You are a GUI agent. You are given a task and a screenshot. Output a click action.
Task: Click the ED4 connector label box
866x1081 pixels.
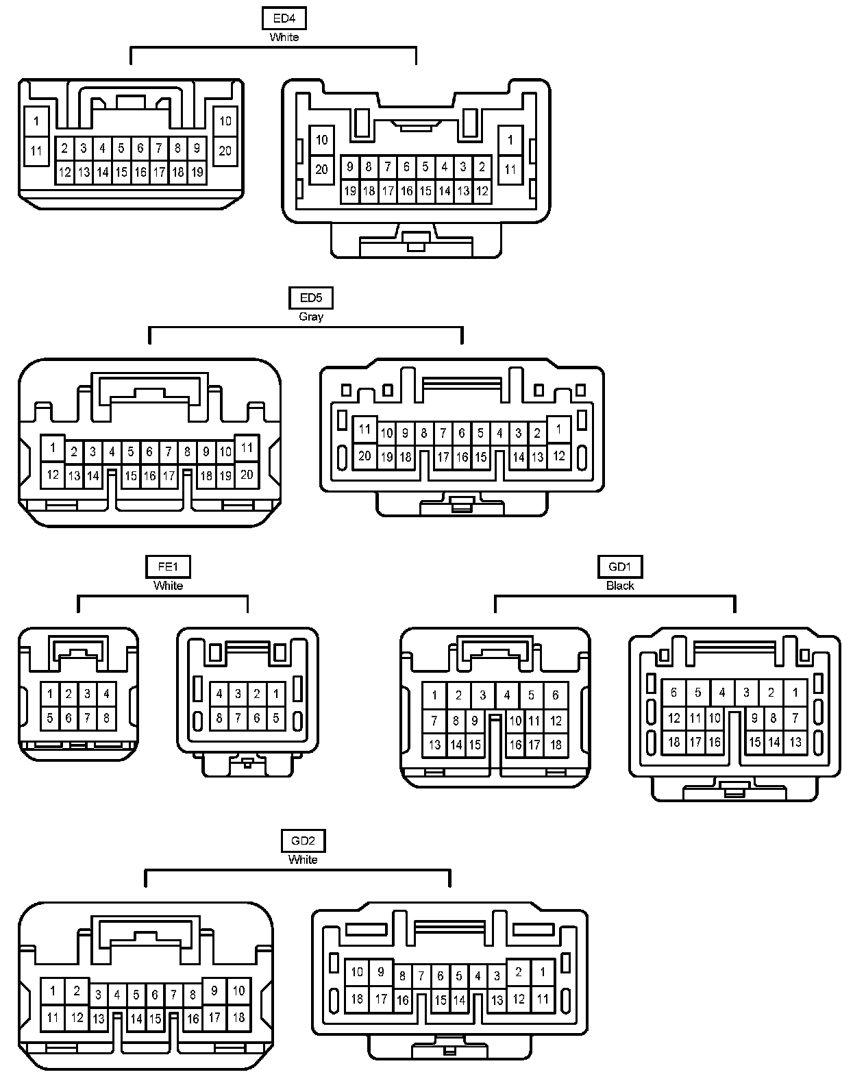(284, 18)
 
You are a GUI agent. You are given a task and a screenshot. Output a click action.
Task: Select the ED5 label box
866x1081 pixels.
(311, 298)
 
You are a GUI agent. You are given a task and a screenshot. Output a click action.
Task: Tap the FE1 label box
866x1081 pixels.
(168, 567)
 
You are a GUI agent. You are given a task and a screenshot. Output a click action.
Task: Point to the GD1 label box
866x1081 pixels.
(620, 567)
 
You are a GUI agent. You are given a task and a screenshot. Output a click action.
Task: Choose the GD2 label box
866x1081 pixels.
(303, 841)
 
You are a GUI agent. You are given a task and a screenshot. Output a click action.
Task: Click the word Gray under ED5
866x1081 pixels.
(311, 316)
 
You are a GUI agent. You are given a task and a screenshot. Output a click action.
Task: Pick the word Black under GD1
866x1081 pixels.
(620, 586)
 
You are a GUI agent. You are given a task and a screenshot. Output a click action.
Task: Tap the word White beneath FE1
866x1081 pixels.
(168, 586)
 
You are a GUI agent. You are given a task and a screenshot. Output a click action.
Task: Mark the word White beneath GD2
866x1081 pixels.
(303, 860)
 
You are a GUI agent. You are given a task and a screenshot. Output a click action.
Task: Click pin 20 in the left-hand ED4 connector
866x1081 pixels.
(225, 151)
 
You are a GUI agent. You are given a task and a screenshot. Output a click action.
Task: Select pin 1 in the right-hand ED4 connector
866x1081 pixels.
(510, 140)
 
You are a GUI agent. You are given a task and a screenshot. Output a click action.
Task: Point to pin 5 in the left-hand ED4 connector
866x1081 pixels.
(121, 147)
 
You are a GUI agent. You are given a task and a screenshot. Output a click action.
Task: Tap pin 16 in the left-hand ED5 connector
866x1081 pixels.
(150, 475)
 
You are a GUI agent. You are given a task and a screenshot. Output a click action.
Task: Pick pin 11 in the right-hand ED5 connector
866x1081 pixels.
(364, 430)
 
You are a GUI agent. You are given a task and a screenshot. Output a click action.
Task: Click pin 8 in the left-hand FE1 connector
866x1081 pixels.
(106, 719)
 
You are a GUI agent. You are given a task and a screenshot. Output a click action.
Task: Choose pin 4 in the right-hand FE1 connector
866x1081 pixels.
(219, 694)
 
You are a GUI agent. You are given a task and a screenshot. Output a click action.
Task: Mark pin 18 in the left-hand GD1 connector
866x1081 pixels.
(556, 745)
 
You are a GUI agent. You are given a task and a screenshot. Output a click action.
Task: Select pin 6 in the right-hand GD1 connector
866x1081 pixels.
(673, 693)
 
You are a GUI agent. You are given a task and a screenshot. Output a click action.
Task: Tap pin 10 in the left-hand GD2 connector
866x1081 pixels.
(238, 991)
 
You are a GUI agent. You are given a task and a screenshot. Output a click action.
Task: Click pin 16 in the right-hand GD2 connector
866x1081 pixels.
(402, 1000)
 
